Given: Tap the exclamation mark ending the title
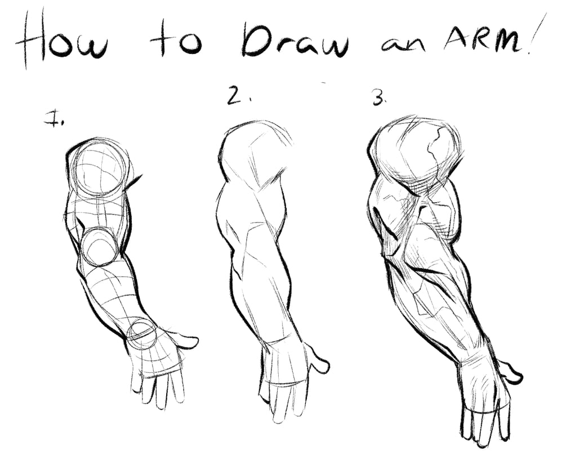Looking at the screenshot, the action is [x=536, y=33].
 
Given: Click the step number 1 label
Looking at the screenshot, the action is [x=54, y=119].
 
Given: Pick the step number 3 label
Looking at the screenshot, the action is [x=380, y=97].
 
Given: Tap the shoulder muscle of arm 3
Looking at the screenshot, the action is [x=415, y=152].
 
